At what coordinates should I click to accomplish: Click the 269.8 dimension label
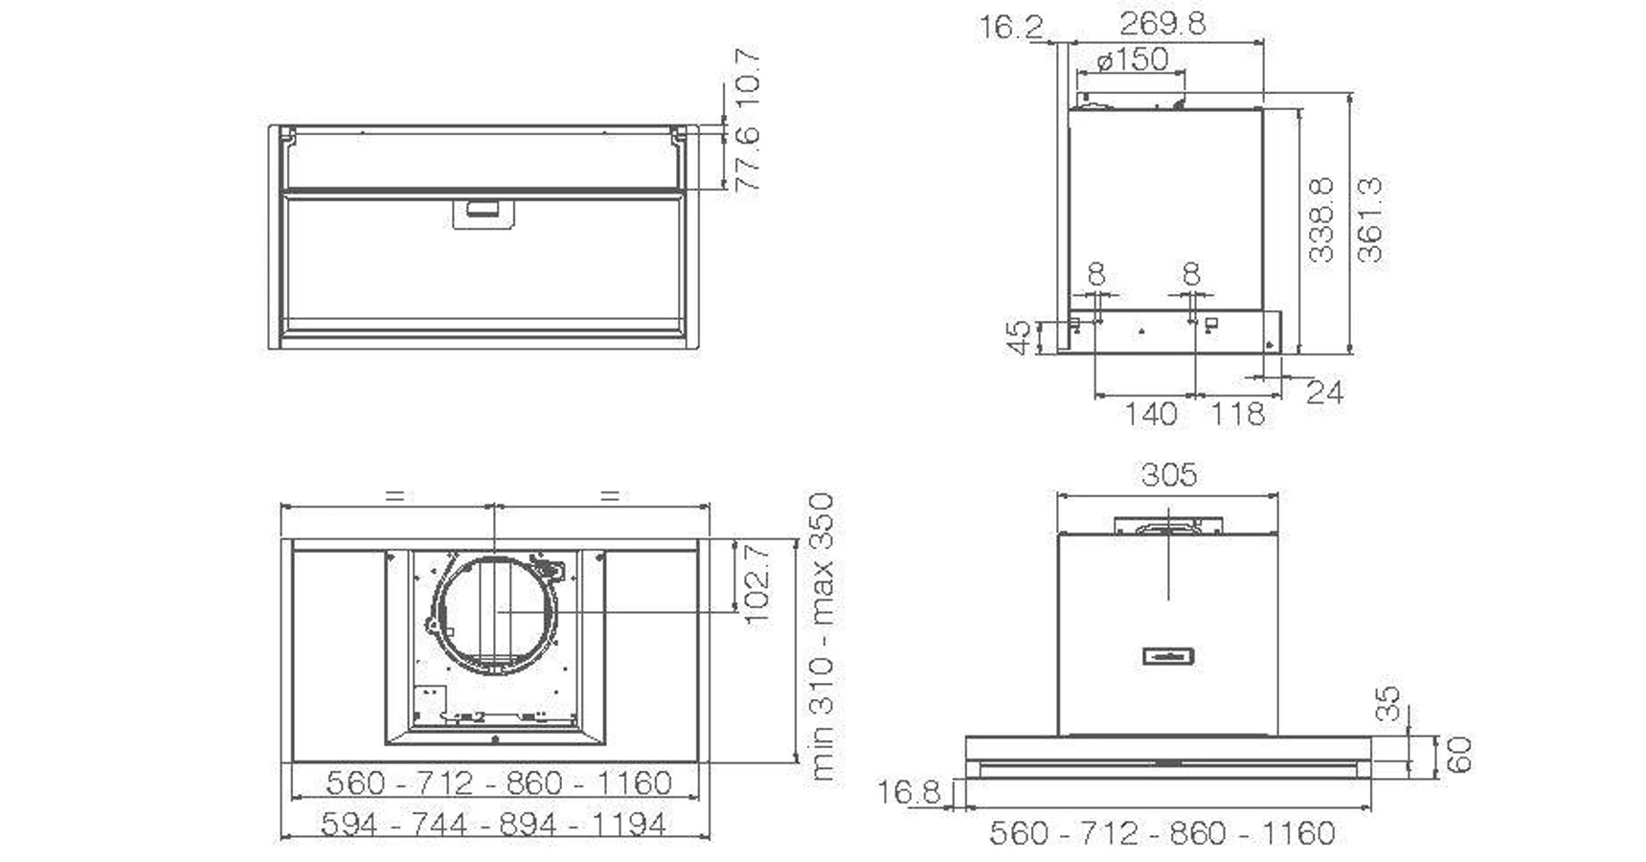coord(1162,23)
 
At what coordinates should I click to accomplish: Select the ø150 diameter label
coord(1133,59)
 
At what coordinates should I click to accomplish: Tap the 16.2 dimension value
coord(1011,26)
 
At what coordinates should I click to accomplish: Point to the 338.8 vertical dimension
coord(1321,219)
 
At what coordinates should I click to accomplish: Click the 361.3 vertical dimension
coord(1370,219)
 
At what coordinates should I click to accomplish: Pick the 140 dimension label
coord(1150,415)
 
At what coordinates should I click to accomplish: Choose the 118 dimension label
coord(1237,415)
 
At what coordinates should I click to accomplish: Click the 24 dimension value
coord(1325,392)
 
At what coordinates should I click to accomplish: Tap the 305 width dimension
coord(1168,475)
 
